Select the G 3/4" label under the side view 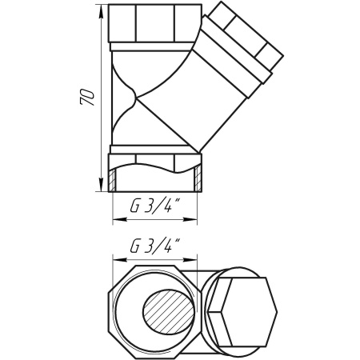click(154, 208)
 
